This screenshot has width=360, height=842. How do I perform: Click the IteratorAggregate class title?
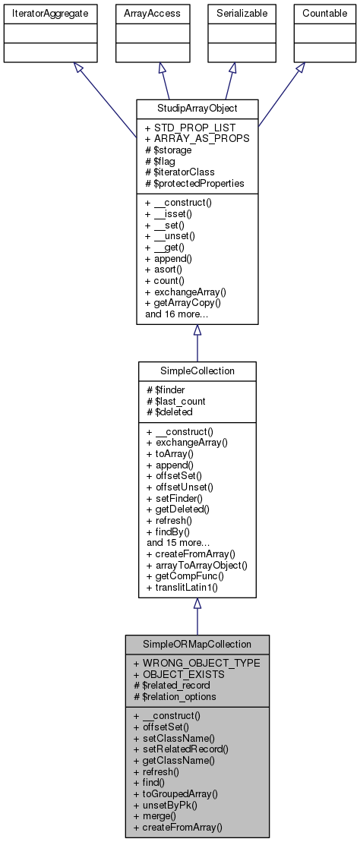pyautogui.click(x=41, y=13)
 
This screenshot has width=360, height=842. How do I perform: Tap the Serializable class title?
pyautogui.click(x=232, y=13)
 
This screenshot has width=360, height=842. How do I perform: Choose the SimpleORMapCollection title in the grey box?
pyautogui.click(x=197, y=644)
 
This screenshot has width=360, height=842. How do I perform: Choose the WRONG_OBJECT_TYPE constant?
pyautogui.click(x=196, y=663)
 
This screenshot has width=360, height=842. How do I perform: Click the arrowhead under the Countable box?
pyautogui.click(x=301, y=68)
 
